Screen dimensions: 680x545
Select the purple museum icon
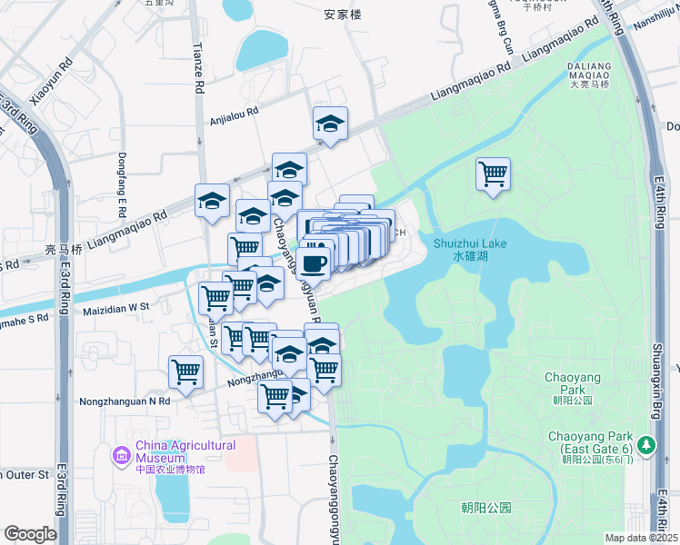coord(122,453)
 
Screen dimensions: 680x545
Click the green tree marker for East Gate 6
coord(646,444)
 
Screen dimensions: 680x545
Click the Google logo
coord(30,534)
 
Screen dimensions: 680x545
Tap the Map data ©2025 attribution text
coord(641,538)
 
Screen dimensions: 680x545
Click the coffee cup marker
coord(315,263)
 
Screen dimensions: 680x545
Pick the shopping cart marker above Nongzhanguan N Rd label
coord(185,371)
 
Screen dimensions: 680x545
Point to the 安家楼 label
coord(342,15)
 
